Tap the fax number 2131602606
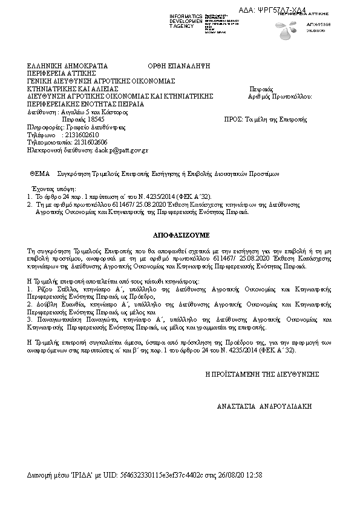(x=91, y=142)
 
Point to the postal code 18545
(x=95, y=120)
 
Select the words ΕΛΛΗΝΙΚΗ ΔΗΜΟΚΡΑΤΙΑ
(x=67, y=65)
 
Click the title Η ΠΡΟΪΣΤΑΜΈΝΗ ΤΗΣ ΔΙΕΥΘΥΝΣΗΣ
(x=262, y=374)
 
